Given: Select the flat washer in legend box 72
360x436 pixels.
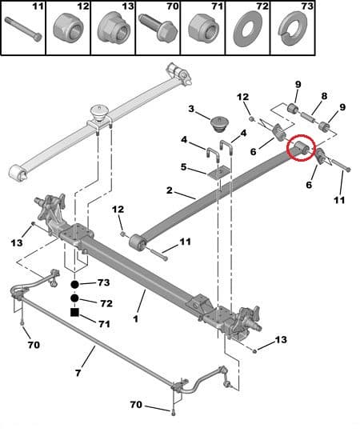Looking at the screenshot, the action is click(x=248, y=29).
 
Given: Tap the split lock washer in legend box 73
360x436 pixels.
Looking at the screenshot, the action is click(x=293, y=29).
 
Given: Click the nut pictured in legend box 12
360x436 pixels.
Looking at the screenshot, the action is click(x=68, y=27).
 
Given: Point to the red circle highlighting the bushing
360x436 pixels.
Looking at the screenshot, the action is click(x=301, y=148).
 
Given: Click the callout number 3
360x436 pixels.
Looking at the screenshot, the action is click(x=191, y=109).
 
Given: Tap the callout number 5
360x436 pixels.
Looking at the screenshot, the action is click(x=183, y=167).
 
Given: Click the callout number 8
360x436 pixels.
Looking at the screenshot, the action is click(x=324, y=96).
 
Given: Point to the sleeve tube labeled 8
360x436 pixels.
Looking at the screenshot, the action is click(x=308, y=116).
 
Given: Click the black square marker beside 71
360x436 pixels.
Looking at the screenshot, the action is click(x=74, y=313).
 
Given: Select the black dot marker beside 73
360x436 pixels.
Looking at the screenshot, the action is click(x=74, y=284).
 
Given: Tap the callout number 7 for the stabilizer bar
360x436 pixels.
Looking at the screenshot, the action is click(x=78, y=373).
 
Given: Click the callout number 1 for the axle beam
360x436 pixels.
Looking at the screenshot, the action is click(x=136, y=318).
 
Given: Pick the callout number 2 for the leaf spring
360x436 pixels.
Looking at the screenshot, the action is click(x=170, y=190).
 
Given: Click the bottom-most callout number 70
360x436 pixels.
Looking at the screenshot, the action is click(x=136, y=405).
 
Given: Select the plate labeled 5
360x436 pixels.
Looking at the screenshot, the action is click(x=218, y=174).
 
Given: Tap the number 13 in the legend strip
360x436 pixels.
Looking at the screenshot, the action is click(x=127, y=6).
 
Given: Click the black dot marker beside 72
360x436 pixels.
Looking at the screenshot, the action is click(x=74, y=298).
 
